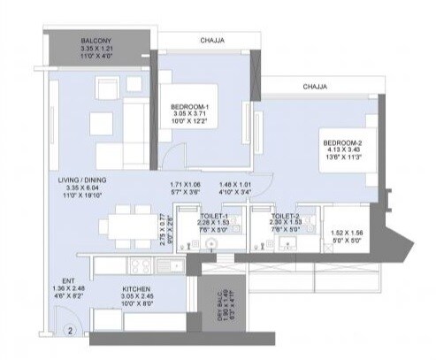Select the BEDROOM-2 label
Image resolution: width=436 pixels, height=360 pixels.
coord(342,142)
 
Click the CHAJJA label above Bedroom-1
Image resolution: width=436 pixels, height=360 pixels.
coord(209,40)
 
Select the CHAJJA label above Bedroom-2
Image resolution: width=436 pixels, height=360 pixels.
coord(316,87)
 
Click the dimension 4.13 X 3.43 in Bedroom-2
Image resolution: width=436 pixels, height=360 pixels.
coord(342,151)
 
